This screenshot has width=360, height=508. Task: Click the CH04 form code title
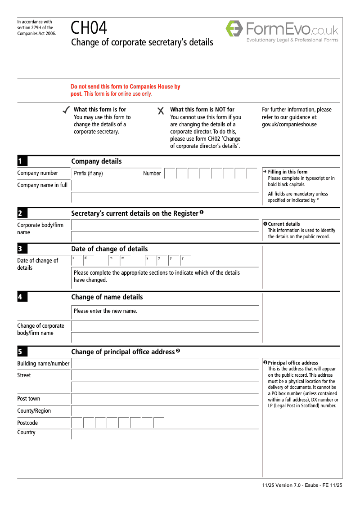tap(89, 28)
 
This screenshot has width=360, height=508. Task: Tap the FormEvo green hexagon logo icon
tap(234, 29)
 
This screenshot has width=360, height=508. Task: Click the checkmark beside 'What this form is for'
tap(66, 110)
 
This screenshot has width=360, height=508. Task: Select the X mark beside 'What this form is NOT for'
tap(161, 111)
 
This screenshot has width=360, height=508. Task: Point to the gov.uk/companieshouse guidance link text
tap(289, 125)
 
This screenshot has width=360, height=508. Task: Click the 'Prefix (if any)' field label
tap(88, 174)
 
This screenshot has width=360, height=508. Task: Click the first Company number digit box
tap(170, 174)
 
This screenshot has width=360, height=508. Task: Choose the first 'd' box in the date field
tap(76, 260)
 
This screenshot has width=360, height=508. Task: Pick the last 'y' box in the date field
tap(185, 260)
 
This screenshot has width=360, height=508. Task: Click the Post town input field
tap(165, 399)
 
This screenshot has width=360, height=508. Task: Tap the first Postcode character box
tap(77, 423)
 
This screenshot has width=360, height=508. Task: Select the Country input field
tap(165, 434)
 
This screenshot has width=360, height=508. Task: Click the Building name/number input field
tap(165, 364)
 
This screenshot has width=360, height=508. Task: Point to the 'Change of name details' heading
tap(107, 297)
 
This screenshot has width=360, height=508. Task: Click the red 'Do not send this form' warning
tap(125, 90)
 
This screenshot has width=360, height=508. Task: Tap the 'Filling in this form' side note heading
tap(288, 172)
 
